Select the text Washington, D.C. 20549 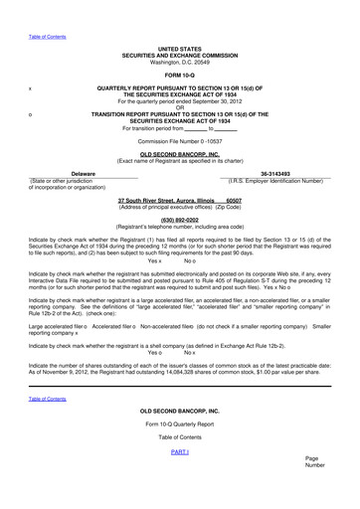click(180, 62)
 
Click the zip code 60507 click(234, 199)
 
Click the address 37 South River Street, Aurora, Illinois click(165, 199)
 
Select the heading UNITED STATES click(180, 48)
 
